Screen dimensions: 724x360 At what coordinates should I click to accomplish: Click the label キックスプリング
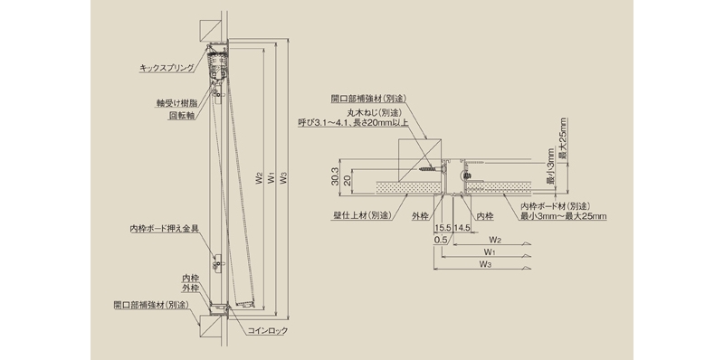coord(167,69)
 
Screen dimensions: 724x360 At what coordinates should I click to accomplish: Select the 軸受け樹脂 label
coord(176,104)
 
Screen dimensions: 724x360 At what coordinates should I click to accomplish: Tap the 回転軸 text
coord(182,116)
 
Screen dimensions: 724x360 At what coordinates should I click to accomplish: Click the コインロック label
coord(267,330)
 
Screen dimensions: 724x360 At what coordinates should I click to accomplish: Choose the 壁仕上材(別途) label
coord(358,215)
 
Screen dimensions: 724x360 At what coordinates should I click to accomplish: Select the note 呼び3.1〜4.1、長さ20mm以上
coord(353,123)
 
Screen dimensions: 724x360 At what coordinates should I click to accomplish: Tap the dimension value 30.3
coord(336,176)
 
